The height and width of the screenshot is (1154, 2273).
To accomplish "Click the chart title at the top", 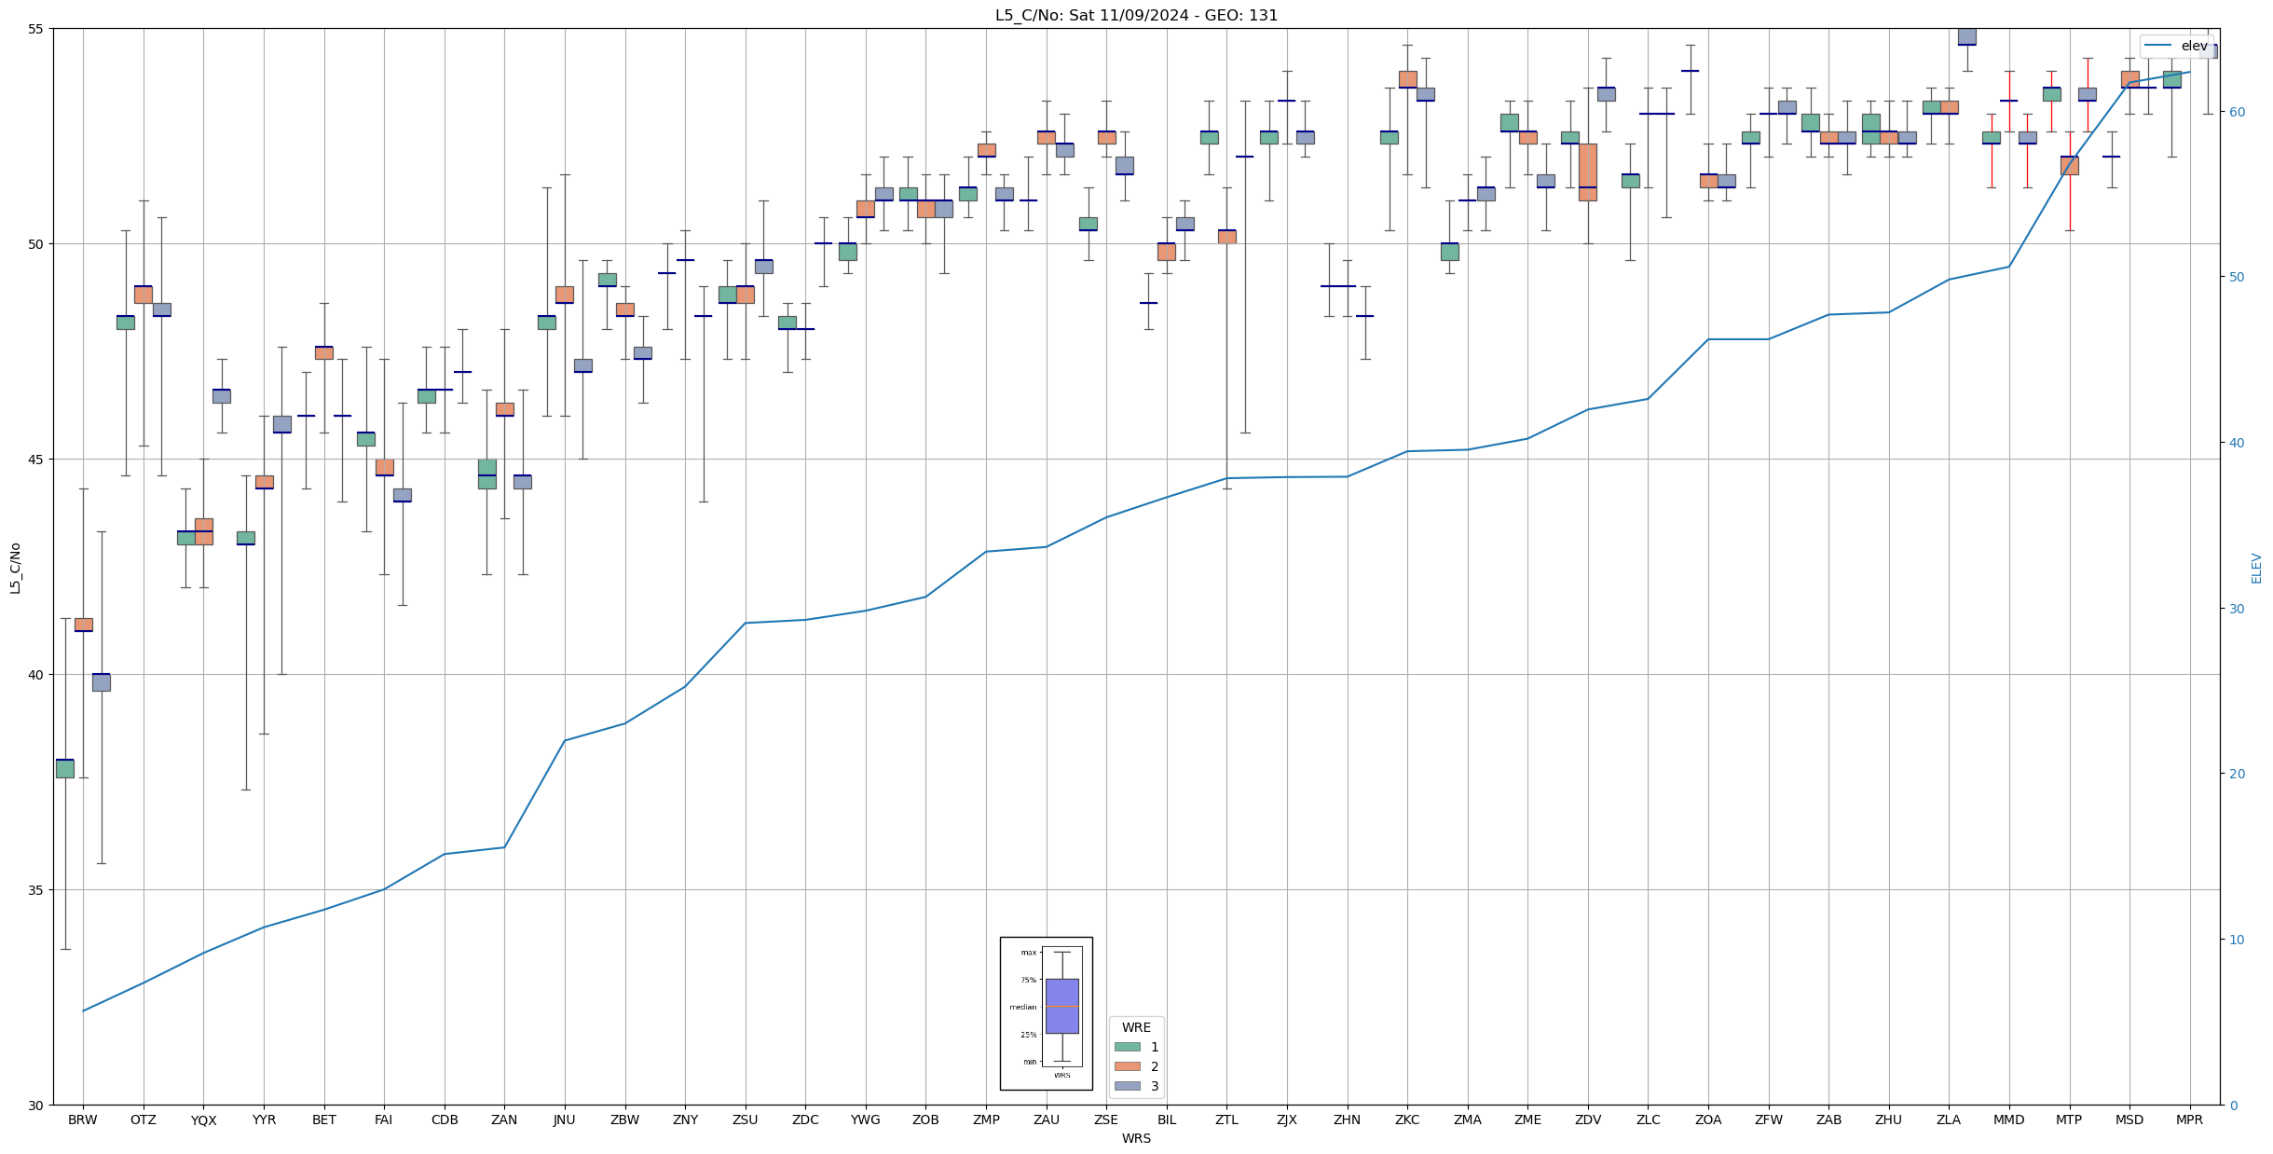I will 1136,15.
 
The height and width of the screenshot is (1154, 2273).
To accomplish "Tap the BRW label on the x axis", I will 83,1120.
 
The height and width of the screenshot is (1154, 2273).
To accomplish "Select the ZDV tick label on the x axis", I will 1587,1120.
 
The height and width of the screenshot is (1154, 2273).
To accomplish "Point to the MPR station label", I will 2189,1120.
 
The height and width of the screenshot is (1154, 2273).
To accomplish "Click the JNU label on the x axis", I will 564,1120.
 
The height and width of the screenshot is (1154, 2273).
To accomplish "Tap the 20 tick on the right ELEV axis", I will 2236,774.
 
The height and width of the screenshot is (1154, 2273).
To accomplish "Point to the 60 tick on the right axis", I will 2236,112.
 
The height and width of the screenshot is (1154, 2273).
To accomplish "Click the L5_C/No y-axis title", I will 15,568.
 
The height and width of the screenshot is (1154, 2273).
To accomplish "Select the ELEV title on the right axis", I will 2256,568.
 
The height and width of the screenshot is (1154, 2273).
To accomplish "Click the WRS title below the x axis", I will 1136,1138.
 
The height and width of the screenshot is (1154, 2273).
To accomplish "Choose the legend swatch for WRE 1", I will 1127,1047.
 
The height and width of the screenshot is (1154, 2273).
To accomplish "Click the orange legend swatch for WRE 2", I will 1127,1066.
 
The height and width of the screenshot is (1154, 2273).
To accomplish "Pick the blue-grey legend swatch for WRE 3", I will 1127,1086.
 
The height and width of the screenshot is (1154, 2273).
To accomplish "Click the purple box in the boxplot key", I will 1061,1006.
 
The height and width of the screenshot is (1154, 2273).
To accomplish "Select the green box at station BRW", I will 65,768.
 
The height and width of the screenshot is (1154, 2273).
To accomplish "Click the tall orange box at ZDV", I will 1587,172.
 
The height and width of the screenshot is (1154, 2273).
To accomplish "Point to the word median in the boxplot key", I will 1022,1007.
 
